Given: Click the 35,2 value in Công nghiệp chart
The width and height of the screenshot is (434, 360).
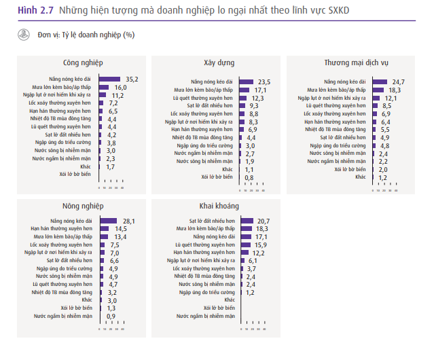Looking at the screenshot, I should click(x=132, y=79).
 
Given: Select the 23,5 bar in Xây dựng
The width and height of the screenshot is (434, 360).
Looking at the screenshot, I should click(x=245, y=81).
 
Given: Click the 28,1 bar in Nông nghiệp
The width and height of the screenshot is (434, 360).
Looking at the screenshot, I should click(x=110, y=221).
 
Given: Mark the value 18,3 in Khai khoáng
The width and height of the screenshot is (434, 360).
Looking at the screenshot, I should click(x=262, y=229).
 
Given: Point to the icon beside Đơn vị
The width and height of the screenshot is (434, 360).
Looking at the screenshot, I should click(x=23, y=34).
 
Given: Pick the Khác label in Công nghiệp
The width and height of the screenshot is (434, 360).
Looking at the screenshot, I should click(x=90, y=166).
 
